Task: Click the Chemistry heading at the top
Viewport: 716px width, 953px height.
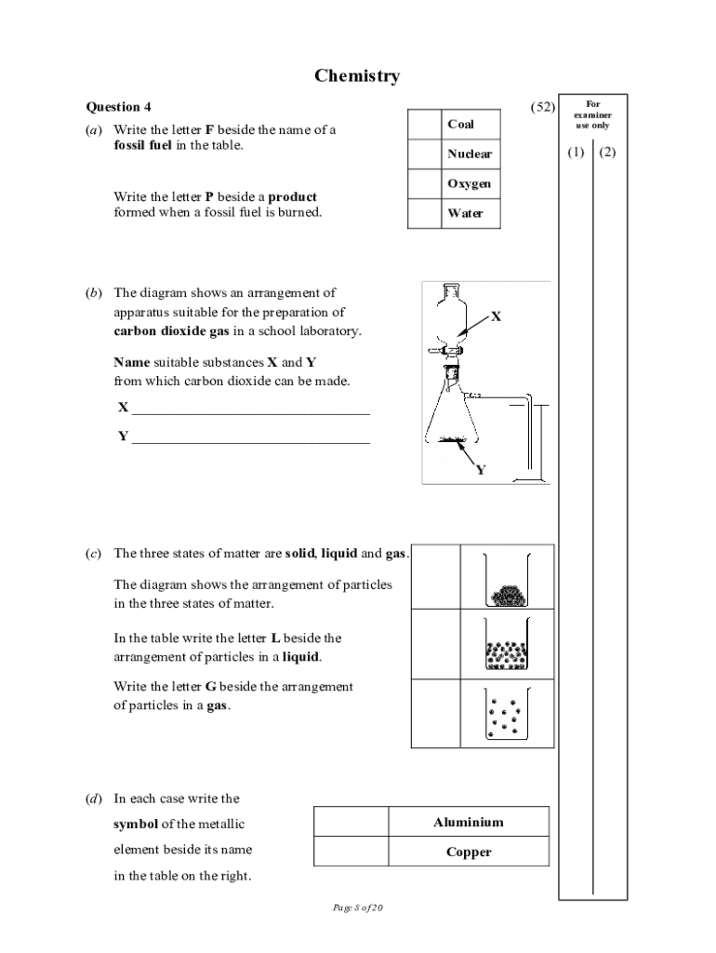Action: pos(357,75)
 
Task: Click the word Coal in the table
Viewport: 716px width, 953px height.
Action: pos(460,124)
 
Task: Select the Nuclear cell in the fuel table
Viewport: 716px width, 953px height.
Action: pos(469,154)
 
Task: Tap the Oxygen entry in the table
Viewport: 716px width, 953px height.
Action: pos(469,183)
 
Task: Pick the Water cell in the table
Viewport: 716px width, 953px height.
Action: pos(465,213)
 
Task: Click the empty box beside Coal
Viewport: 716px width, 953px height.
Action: pos(424,124)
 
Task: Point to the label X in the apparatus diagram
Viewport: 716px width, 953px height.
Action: pos(496,316)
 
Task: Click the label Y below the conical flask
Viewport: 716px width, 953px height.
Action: pos(481,470)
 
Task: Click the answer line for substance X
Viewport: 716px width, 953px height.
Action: pos(251,408)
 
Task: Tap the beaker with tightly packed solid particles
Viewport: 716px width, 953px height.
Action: pos(506,579)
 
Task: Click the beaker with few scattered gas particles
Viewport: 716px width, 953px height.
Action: pos(506,715)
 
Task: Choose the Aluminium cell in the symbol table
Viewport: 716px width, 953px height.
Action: pos(469,822)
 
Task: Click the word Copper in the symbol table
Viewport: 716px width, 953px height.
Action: pos(469,852)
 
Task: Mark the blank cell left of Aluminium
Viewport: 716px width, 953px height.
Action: pos(351,822)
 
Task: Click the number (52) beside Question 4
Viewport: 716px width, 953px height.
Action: pos(543,107)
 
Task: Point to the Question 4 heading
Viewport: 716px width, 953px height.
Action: pos(118,107)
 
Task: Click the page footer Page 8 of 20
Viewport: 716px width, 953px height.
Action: pos(357,908)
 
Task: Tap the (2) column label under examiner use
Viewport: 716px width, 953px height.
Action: pos(608,152)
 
